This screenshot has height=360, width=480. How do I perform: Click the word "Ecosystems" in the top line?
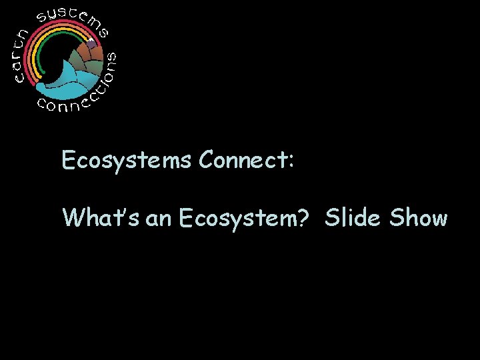126,161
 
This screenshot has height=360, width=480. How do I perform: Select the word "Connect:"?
245,160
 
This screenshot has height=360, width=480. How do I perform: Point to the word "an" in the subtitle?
158,219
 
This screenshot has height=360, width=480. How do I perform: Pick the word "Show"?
419,217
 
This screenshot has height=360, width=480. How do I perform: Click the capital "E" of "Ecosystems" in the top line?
67,160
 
